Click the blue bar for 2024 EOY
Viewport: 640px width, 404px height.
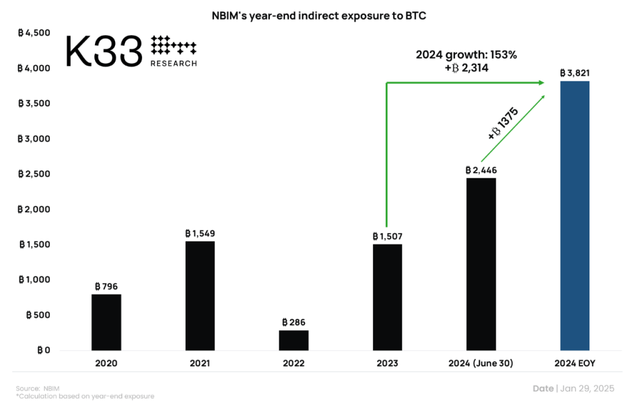[x=574, y=215]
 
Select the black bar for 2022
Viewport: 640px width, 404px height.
[x=293, y=340]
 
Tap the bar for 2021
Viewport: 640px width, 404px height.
[x=200, y=295]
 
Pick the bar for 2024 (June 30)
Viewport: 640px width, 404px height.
[x=481, y=264]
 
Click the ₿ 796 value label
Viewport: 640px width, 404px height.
[x=106, y=286]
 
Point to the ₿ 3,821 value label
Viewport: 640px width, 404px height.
[x=574, y=73]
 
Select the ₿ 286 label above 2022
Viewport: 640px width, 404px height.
[x=293, y=322]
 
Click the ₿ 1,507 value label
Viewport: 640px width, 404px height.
[x=387, y=236]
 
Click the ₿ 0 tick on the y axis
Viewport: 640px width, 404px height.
[x=42, y=350]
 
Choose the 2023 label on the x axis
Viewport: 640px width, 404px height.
[x=387, y=363]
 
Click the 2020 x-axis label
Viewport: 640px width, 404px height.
[x=106, y=363]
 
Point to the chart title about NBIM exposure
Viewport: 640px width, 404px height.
[x=319, y=14]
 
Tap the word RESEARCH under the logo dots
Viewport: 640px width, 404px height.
[x=174, y=63]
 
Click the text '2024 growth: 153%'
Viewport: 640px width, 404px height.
[x=466, y=54]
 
